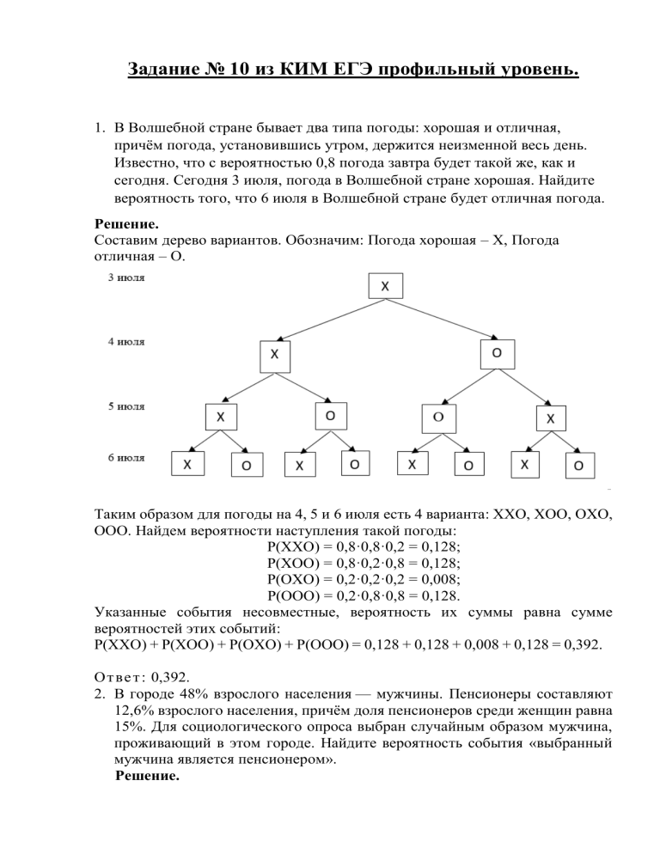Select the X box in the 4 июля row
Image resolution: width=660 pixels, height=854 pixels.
click(x=274, y=355)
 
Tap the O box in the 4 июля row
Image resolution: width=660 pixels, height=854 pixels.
click(x=496, y=353)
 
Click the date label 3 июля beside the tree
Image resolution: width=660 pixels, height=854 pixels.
click(x=126, y=278)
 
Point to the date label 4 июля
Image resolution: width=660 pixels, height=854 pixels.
click(x=126, y=341)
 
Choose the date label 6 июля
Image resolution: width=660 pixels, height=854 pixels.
click(x=126, y=458)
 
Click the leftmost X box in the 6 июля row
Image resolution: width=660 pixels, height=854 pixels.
click(x=187, y=465)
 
